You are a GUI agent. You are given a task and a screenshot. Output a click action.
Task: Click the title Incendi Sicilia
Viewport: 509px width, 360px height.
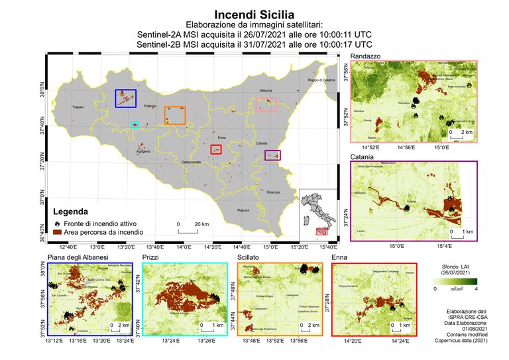(254, 13)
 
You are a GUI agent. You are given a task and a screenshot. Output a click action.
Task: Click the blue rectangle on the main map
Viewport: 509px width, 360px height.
(125, 98)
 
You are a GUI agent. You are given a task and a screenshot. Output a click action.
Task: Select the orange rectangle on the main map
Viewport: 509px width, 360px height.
(175, 115)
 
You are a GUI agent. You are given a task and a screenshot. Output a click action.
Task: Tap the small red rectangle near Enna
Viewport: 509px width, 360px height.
(216, 149)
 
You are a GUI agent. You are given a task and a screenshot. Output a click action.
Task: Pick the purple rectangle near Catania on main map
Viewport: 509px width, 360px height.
(272, 155)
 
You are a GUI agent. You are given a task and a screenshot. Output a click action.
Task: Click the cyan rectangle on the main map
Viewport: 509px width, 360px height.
(135, 124)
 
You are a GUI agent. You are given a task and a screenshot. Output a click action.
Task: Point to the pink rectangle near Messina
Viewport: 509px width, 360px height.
(266, 104)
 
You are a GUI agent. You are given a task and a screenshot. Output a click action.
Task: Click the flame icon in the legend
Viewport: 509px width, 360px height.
(58, 224)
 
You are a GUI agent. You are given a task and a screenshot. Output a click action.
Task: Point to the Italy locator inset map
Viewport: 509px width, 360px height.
(317, 213)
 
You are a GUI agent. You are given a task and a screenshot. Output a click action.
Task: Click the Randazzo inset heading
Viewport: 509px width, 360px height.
(365, 56)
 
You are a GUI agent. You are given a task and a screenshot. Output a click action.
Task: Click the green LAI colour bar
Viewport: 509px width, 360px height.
(454, 281)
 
